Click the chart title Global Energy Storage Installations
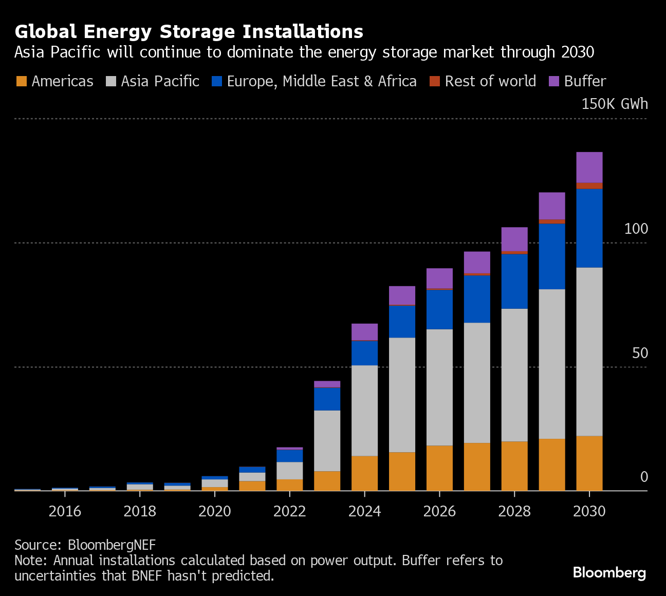point(189,32)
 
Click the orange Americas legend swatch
point(22,81)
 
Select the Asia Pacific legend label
point(160,81)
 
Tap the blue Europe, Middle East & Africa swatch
point(217,81)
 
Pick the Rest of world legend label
point(490,81)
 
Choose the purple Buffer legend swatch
point(554,81)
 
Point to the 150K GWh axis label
point(614,104)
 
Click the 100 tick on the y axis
point(636,229)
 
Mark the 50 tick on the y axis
point(640,353)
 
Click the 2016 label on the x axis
point(65,511)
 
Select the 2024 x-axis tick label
point(364,511)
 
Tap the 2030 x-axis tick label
point(589,511)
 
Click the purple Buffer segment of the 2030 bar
point(589,167)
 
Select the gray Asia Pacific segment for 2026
point(439,387)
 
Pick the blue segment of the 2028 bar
point(514,281)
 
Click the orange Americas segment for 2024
point(364,473)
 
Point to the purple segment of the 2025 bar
point(402,295)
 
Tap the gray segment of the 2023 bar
point(327,440)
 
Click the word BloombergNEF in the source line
point(112,545)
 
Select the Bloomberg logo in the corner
point(609,572)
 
